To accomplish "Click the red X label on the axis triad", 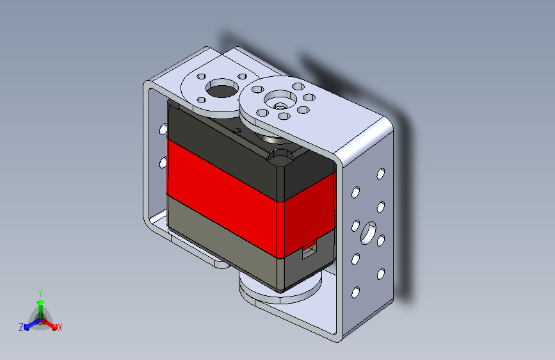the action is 60,328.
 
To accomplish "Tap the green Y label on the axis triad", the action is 40,293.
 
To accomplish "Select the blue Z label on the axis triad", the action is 21,327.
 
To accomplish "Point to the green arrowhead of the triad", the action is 40,302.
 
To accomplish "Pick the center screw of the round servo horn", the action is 280,106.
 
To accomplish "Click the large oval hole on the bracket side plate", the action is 368,233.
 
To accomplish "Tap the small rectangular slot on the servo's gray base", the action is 309,250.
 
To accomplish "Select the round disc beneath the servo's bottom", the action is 280,288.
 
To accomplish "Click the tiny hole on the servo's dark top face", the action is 236,131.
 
